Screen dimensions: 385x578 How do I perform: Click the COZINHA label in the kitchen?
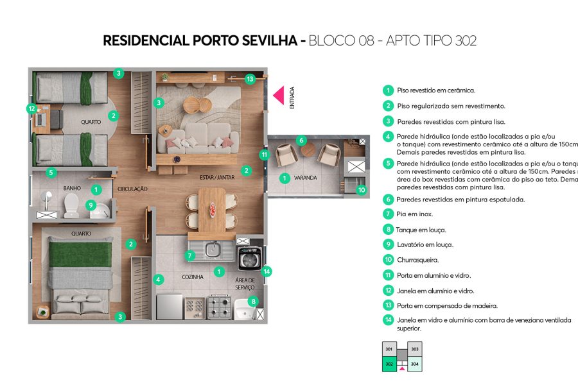pos(193,277)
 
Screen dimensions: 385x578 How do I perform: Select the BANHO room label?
pos(71,188)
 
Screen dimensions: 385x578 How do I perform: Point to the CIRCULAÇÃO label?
pos(133,189)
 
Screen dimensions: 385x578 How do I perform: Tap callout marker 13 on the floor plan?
pos(250,79)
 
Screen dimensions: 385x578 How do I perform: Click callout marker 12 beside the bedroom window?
pos(31,108)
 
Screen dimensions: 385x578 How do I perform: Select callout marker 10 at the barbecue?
pos(361,190)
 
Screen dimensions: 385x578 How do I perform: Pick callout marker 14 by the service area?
pos(267,271)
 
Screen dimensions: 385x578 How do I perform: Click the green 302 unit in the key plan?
pos(389,364)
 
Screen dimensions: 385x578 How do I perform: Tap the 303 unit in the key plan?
pos(415,349)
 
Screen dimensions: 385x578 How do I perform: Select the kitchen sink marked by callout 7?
pos(213,250)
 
